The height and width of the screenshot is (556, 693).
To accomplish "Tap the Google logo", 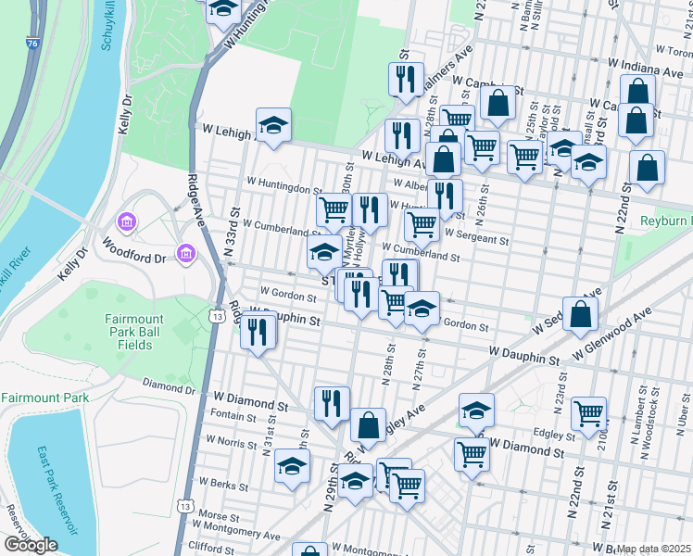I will [x=31, y=545].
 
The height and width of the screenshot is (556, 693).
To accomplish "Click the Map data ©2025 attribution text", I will [x=653, y=549].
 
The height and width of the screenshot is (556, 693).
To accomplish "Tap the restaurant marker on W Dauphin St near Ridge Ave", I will [x=258, y=332].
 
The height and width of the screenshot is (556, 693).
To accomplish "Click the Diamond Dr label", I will [x=168, y=385].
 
